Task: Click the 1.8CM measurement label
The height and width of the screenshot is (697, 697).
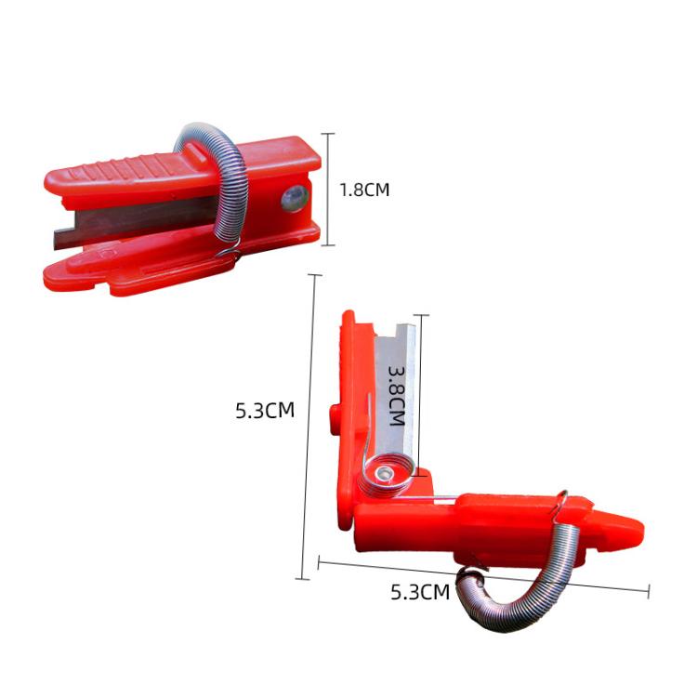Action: coord(363,190)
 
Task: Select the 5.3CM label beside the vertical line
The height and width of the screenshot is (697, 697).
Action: coord(265,410)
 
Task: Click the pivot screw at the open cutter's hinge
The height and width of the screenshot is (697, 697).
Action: coord(383,477)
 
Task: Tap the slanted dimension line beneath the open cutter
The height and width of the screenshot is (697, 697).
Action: coord(483,573)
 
